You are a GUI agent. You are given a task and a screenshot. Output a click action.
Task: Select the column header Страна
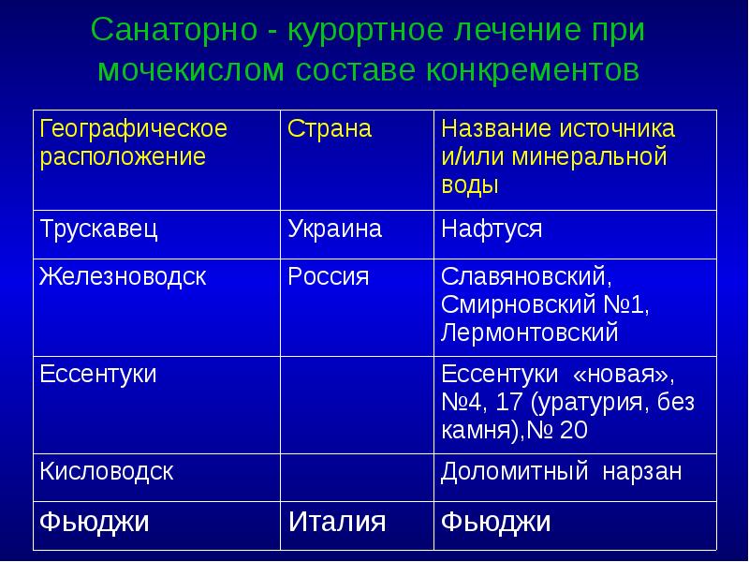330,129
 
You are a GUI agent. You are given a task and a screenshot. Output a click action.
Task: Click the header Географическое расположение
133,142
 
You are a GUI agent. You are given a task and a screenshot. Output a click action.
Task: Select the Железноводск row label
122,277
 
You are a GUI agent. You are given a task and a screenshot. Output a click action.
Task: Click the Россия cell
329,277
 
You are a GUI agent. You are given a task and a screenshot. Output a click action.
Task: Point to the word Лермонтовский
530,333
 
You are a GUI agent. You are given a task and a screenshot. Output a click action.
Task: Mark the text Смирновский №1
544,305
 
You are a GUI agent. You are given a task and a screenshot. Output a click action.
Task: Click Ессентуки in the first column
97,376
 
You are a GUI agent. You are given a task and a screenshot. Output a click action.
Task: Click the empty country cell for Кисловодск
356,478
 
